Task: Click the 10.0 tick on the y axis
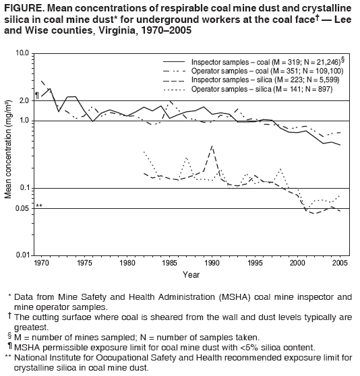21,53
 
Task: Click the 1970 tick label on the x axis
42,263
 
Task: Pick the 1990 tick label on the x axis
212,263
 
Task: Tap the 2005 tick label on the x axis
340,263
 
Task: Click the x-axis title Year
191,275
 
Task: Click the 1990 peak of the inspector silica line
212,146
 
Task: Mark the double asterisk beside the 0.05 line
39,206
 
